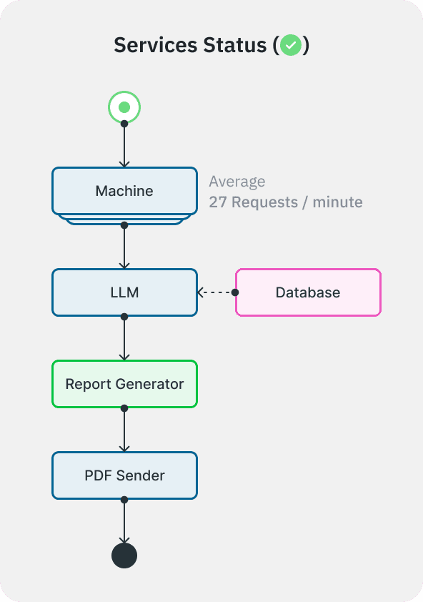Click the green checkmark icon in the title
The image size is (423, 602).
click(x=290, y=46)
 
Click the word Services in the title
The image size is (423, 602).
click(x=155, y=46)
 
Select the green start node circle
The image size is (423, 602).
click(x=124, y=108)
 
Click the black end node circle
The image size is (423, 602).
click(x=124, y=556)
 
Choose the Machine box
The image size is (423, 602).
click(x=124, y=191)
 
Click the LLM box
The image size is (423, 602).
click(x=124, y=292)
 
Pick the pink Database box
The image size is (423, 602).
click(x=308, y=292)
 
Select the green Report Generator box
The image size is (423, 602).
click(x=124, y=384)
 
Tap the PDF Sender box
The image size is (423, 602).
click(x=124, y=475)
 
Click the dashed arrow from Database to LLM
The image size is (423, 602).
click(x=217, y=292)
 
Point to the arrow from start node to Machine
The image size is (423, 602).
click(x=124, y=146)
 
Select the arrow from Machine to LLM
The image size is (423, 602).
click(x=124, y=247)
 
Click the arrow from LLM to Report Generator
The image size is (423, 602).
click(x=124, y=338)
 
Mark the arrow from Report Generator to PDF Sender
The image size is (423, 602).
click(x=124, y=430)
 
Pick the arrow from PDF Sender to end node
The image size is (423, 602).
click(x=124, y=521)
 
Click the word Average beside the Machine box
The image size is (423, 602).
click(x=237, y=182)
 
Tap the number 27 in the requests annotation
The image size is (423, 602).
click(x=218, y=202)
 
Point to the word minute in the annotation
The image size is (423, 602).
click(x=337, y=202)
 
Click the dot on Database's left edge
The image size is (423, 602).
click(x=235, y=292)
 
